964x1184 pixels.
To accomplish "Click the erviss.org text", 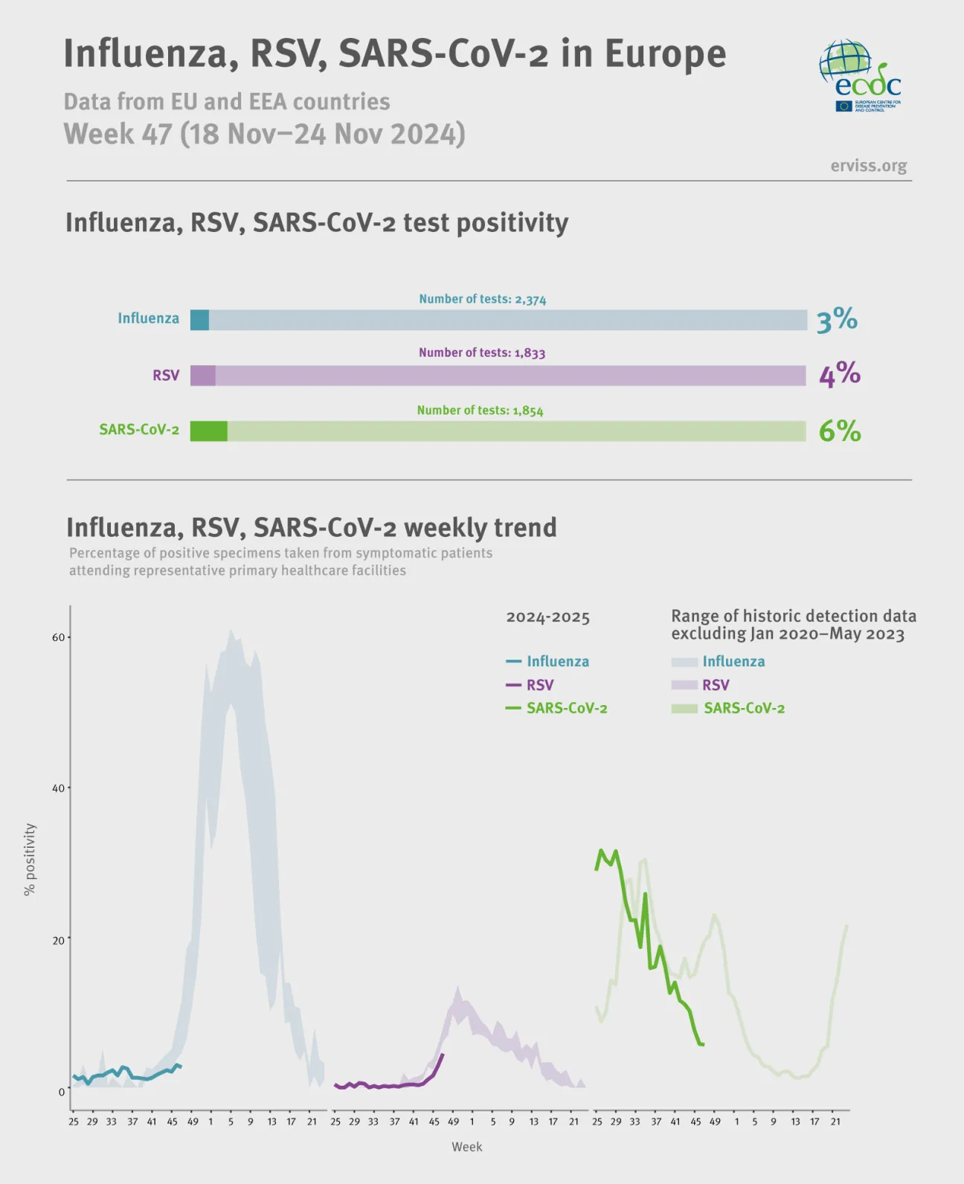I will (868, 165).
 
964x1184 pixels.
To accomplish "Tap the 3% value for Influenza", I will (837, 321).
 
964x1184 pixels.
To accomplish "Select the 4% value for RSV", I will (839, 375).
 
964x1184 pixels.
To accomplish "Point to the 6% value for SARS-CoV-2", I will (840, 431).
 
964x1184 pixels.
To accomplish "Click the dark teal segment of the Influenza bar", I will (199, 320).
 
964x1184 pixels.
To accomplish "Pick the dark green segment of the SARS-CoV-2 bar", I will (208, 431).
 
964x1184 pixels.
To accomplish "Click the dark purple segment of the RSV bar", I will (202, 376).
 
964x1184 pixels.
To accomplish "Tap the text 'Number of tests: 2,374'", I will (482, 299).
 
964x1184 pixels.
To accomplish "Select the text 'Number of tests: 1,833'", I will (482, 353).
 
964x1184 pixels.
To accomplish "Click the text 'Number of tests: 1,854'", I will (480, 411).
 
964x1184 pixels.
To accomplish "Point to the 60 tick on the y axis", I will (58, 637).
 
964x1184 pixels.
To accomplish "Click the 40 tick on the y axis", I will (58, 788).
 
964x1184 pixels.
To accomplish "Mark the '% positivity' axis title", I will (30, 859).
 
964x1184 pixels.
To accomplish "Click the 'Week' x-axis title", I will (466, 1147).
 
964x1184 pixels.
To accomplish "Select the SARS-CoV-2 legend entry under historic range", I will (743, 708).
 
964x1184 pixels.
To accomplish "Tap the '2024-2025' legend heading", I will (547, 617).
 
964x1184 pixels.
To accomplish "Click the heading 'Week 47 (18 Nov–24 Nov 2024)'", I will (264, 134).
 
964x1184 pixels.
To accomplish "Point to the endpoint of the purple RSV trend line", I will (443, 1054).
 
